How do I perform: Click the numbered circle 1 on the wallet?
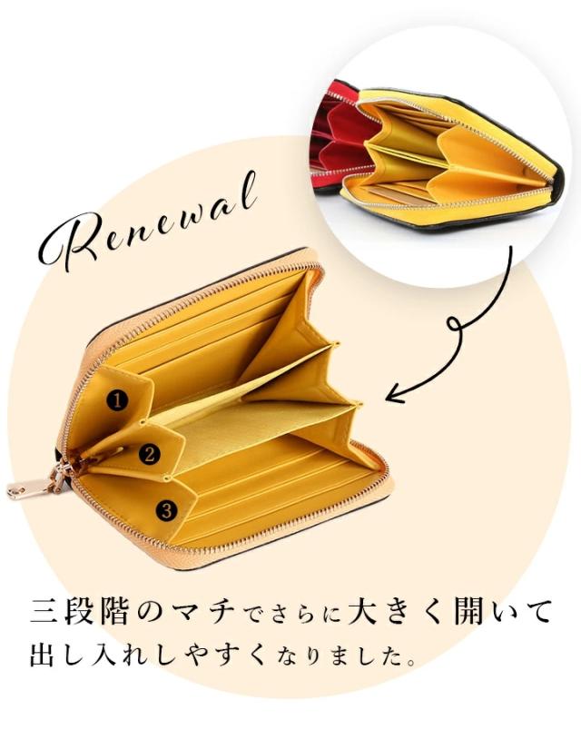pyautogui.click(x=117, y=400)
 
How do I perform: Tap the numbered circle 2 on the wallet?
pyautogui.click(x=150, y=454)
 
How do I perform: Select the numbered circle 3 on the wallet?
pyautogui.click(x=166, y=510)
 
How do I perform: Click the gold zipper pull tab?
pyautogui.click(x=30, y=488)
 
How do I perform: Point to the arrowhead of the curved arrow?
pyautogui.click(x=394, y=395)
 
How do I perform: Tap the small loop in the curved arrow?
pyautogui.click(x=456, y=325)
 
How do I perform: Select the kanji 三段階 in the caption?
pyautogui.click(x=79, y=612)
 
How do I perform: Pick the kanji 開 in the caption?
pyautogui.click(x=468, y=612)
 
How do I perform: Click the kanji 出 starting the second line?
pyautogui.click(x=44, y=655)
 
